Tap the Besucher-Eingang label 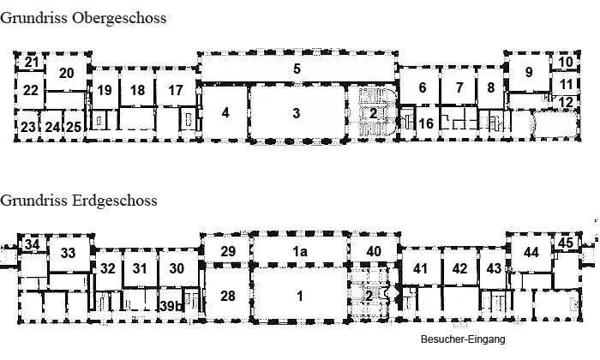click(x=463, y=339)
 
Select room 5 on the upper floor click(x=296, y=69)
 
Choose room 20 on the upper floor click(x=67, y=73)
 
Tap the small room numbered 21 click(x=31, y=63)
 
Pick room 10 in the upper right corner click(x=566, y=62)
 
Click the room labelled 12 click(x=565, y=103)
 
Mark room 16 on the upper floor click(x=425, y=123)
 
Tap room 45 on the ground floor click(x=565, y=243)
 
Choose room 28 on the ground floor click(x=227, y=296)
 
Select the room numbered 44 click(x=531, y=252)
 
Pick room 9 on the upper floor click(x=529, y=71)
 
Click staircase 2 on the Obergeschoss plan click(x=373, y=112)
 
